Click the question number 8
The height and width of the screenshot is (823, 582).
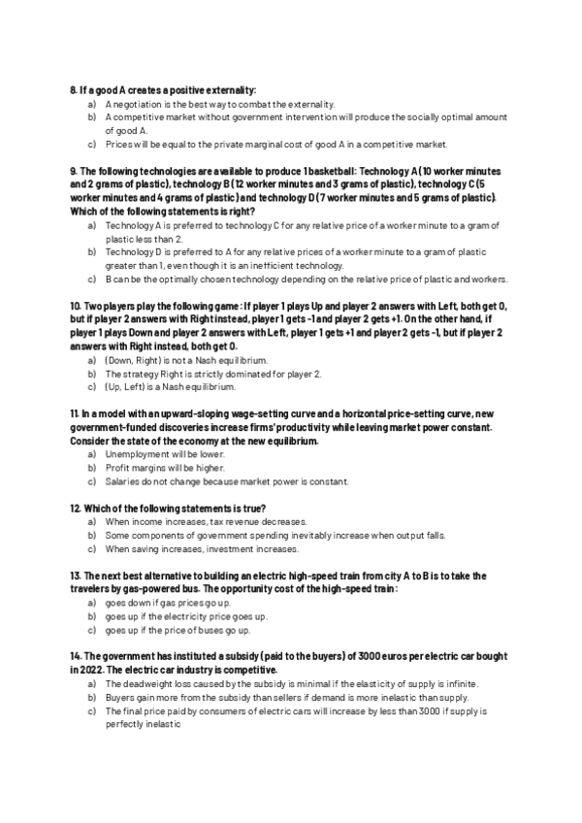pos(73,89)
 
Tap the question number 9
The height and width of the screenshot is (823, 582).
pos(73,171)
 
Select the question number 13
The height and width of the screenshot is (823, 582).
pos(75,576)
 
